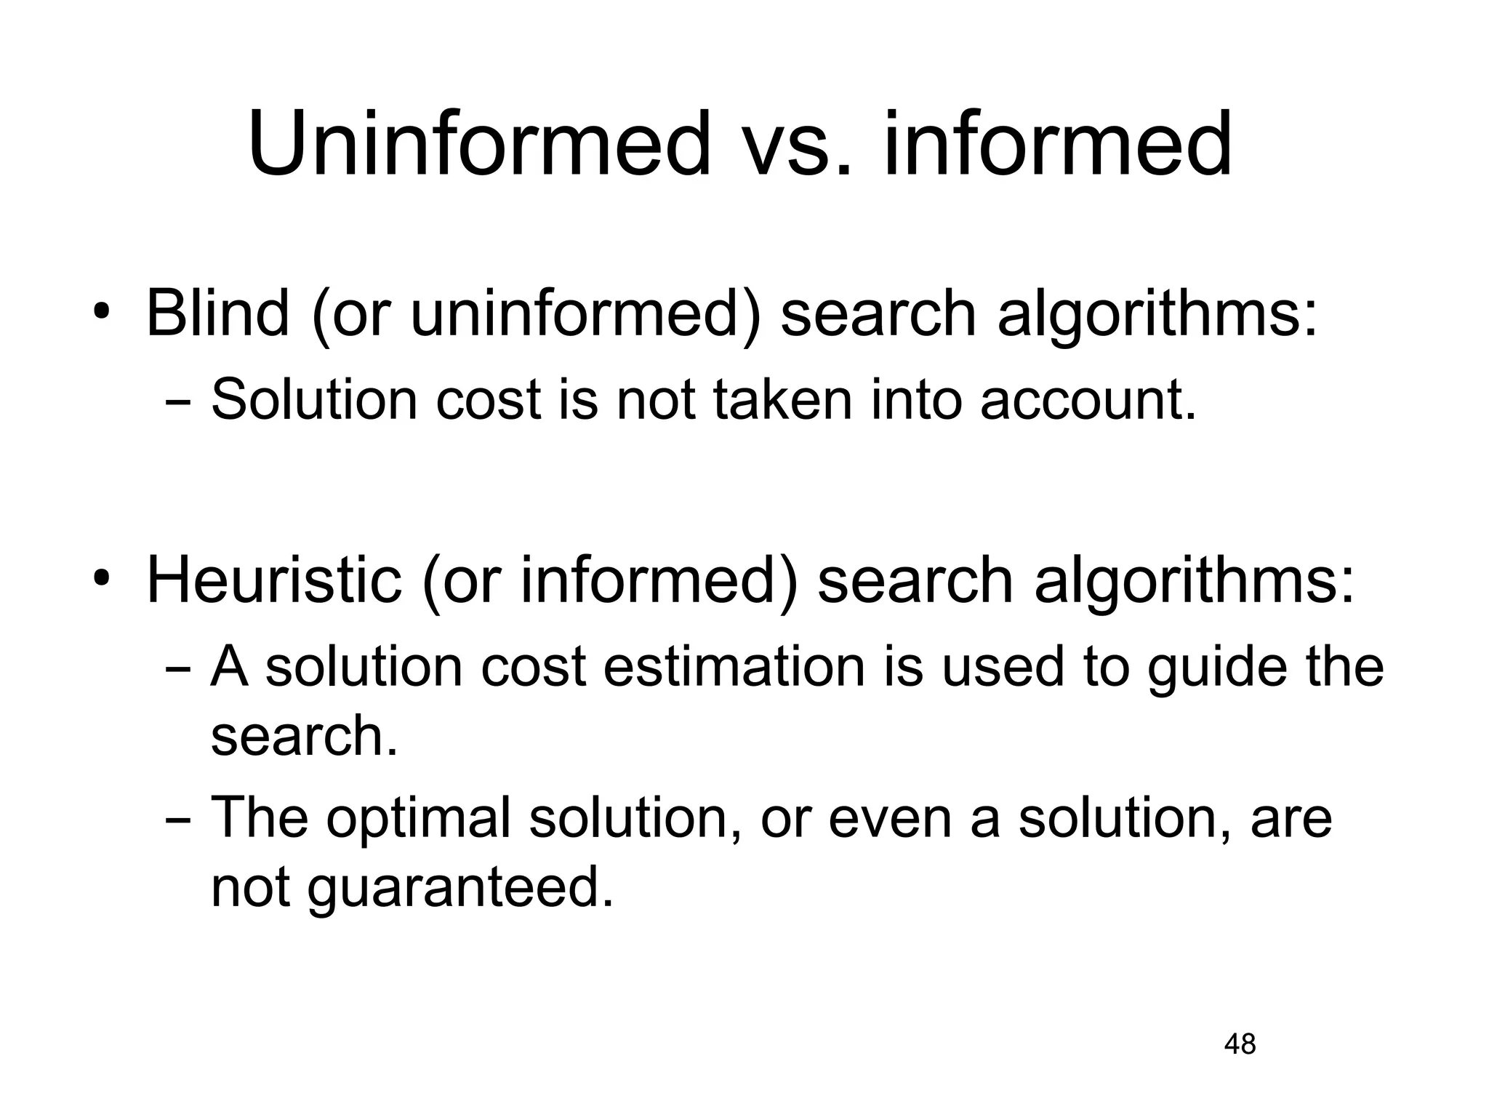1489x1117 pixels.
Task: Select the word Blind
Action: [x=217, y=314]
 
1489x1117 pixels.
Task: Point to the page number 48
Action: [x=1240, y=1044]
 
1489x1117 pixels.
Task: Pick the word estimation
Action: [x=734, y=667]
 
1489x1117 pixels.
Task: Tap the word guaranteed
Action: [x=460, y=889]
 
